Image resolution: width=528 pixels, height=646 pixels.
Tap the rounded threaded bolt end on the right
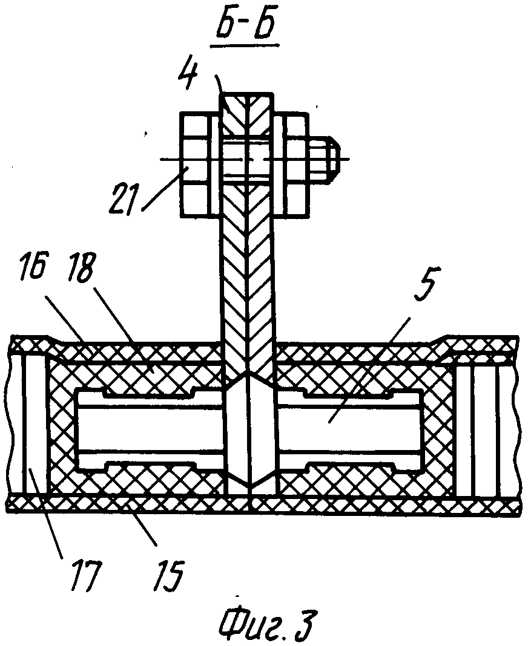point(327,159)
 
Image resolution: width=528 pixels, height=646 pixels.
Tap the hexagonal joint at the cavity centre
point(250,429)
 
